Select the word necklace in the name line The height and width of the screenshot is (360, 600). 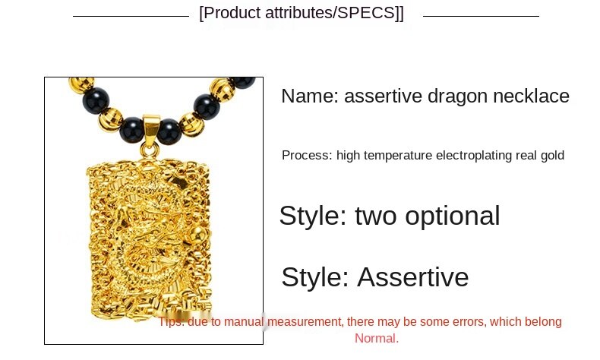tap(531, 96)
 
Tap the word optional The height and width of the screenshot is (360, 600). tap(453, 216)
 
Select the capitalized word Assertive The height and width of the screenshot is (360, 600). tap(413, 277)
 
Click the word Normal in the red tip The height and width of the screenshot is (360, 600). tap(377, 339)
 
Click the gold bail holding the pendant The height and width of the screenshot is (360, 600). tap(151, 126)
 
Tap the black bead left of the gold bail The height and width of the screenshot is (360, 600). tap(132, 130)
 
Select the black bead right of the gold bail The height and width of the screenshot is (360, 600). tap(169, 131)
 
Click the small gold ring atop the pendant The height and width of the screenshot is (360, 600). tap(150, 150)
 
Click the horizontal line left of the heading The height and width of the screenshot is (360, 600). tap(131, 16)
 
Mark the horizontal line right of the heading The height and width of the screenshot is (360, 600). tap(481, 16)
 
